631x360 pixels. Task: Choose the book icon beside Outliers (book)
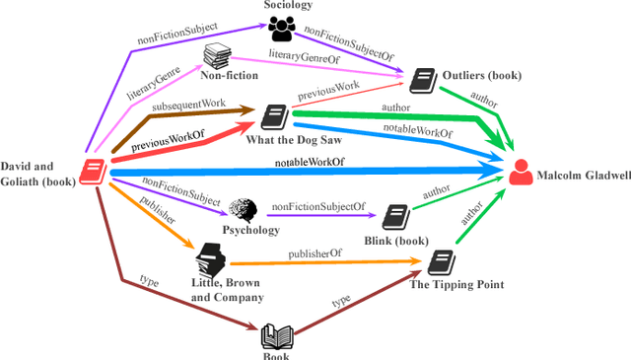[422, 79]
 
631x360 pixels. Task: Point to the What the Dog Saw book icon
[273, 117]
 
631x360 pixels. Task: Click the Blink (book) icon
[395, 216]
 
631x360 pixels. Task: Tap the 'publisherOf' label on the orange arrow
[315, 254]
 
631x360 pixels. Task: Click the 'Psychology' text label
[250, 230]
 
